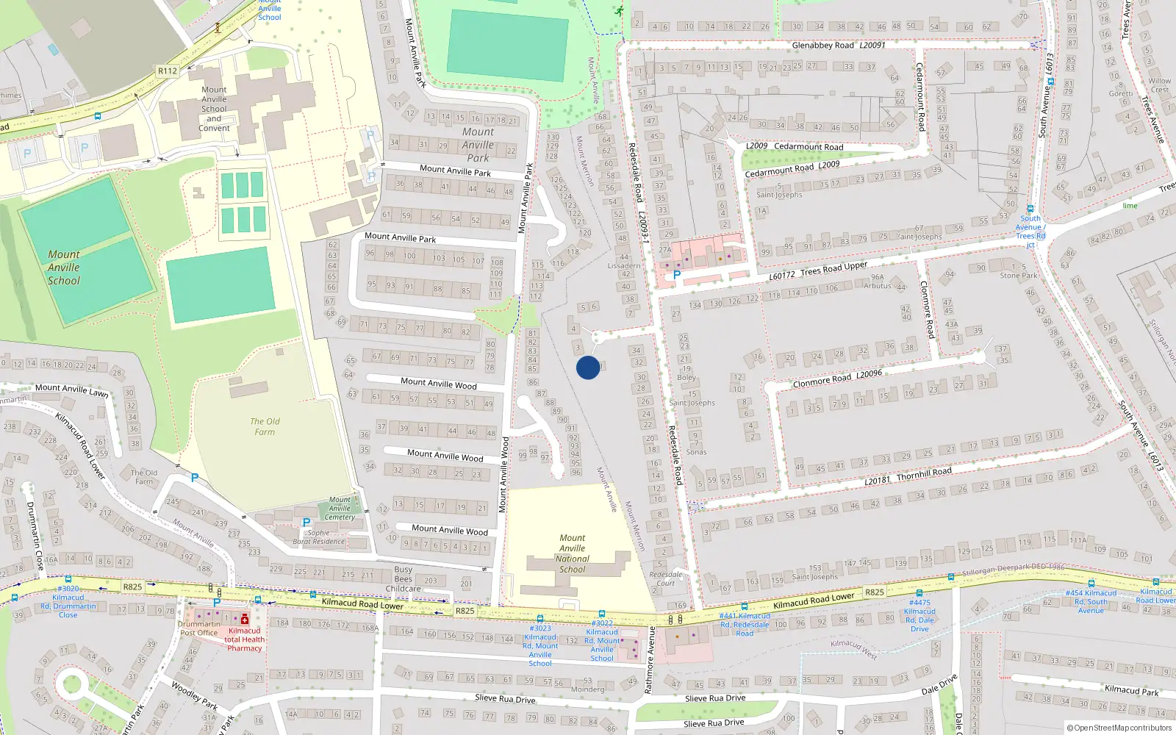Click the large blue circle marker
(x=587, y=367)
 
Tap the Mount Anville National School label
(x=573, y=553)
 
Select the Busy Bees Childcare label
(x=403, y=578)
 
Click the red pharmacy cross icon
(x=245, y=619)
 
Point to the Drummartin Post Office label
(x=198, y=628)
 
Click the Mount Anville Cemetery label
(x=340, y=508)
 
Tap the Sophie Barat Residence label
(x=319, y=537)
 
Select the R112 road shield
(x=168, y=71)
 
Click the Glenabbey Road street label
(x=823, y=46)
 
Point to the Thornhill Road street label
(x=924, y=473)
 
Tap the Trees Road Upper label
(x=833, y=269)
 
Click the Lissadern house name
(x=624, y=266)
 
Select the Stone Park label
(x=1019, y=276)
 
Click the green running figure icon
(x=620, y=11)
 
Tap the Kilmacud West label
(x=853, y=648)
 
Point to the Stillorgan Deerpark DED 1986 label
(x=1014, y=570)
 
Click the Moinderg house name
(x=587, y=689)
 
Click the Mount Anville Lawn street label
(x=72, y=390)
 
